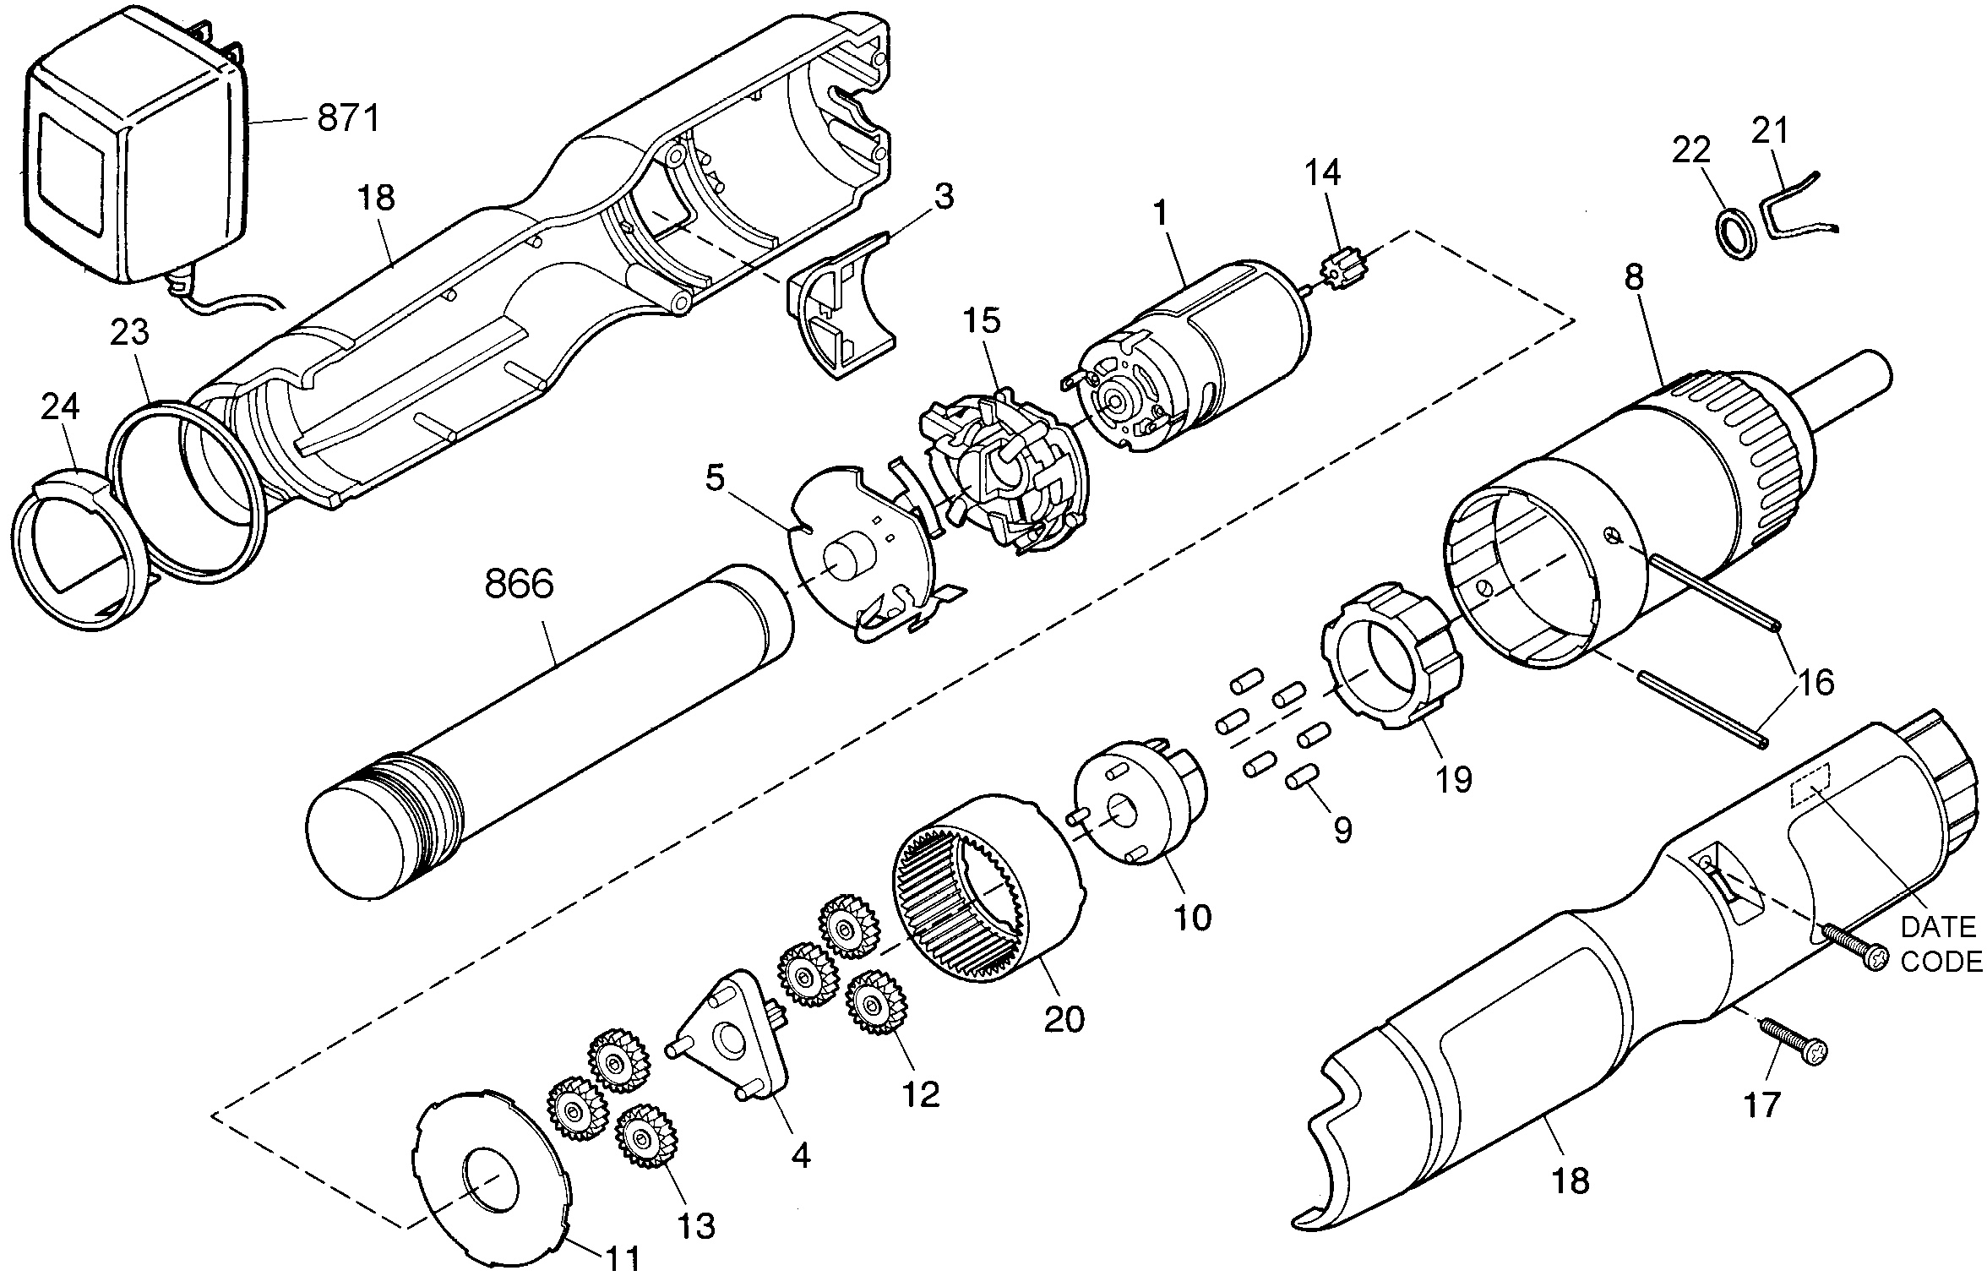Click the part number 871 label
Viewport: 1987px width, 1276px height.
click(349, 118)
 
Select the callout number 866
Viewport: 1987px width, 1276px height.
click(519, 584)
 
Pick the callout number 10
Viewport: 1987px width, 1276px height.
click(1193, 917)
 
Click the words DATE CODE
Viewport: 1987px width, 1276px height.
click(1940, 945)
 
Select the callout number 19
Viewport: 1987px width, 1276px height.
click(1455, 779)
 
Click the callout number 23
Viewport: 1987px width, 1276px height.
click(129, 332)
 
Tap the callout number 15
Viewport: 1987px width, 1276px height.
click(983, 320)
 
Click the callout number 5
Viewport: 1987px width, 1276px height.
click(715, 478)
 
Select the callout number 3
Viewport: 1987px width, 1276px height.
click(944, 196)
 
